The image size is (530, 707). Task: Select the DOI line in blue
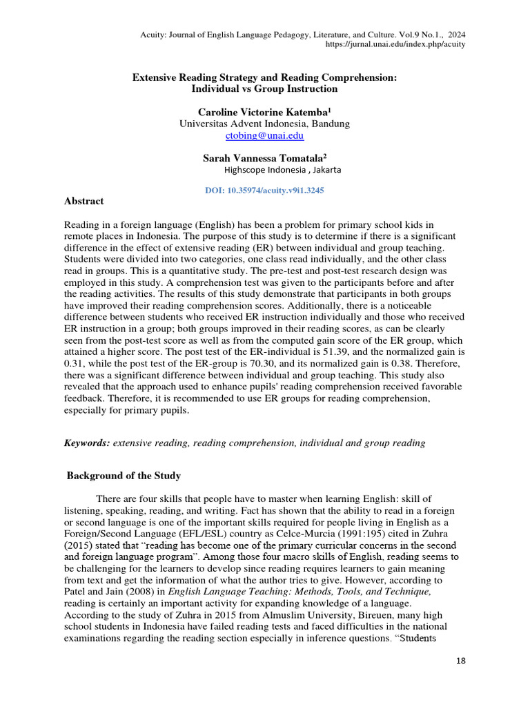click(265, 190)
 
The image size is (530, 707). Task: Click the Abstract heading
click(84, 201)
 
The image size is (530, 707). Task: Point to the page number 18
click(461, 661)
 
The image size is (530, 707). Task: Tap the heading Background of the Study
click(124, 475)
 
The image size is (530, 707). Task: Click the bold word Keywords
click(87, 443)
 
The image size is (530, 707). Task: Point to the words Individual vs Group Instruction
click(265, 89)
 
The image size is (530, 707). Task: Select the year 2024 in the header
click(455, 33)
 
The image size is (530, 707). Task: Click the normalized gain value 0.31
click(75, 363)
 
